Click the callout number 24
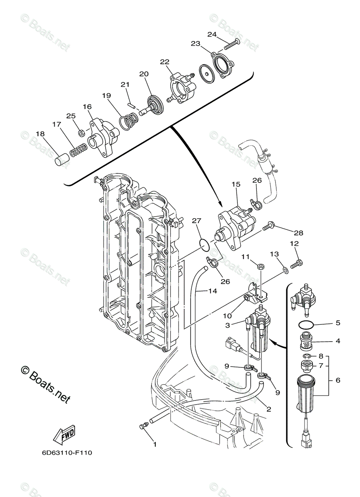[212, 34]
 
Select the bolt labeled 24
[232, 44]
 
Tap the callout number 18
[40, 134]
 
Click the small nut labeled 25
[82, 133]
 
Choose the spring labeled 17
[78, 150]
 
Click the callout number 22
[165, 62]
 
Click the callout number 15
[236, 184]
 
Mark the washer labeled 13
[285, 270]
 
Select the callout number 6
[338, 380]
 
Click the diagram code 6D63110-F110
[67, 453]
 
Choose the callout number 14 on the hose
[212, 291]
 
